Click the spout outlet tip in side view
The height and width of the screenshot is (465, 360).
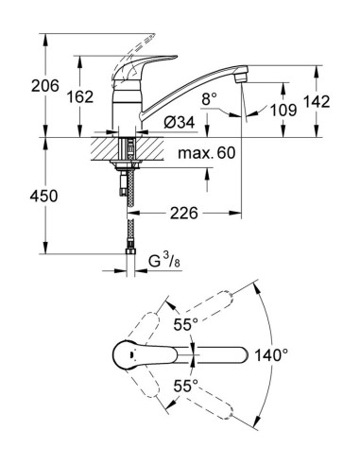(x=242, y=82)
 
